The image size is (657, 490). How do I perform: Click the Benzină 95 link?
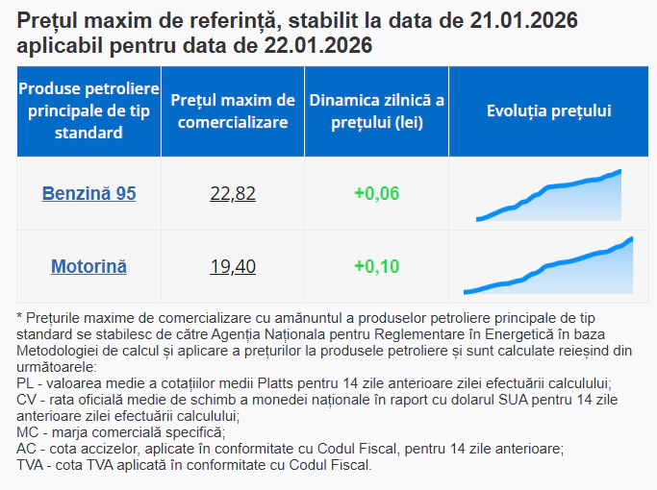pyautogui.click(x=88, y=193)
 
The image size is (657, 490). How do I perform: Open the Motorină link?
pyautogui.click(x=88, y=266)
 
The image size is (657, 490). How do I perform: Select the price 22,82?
pyautogui.click(x=233, y=193)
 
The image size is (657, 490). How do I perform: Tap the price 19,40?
pyautogui.click(x=233, y=266)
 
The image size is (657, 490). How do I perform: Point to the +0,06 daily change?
pyautogui.click(x=376, y=193)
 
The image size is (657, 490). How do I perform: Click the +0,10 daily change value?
pyautogui.click(x=376, y=266)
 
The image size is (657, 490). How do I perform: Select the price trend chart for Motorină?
pyautogui.click(x=548, y=268)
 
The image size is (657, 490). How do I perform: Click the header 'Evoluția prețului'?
pyautogui.click(x=549, y=111)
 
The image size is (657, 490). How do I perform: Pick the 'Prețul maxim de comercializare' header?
pyautogui.click(x=233, y=111)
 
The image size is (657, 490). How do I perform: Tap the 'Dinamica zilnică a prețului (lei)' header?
pyautogui.click(x=376, y=111)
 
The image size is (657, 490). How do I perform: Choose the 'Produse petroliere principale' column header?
pyautogui.click(x=88, y=111)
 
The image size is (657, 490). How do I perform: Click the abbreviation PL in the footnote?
pyautogui.click(x=26, y=382)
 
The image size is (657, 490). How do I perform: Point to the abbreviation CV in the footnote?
pyautogui.click(x=27, y=400)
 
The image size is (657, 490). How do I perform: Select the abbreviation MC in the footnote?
pyautogui.click(x=28, y=433)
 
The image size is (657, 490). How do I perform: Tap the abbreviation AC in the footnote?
pyautogui.click(x=27, y=449)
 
